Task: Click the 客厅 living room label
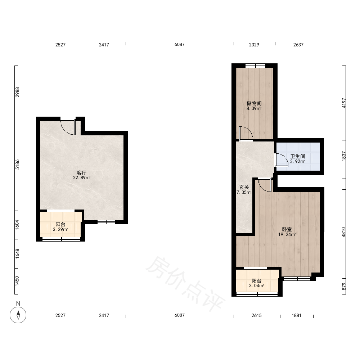pos(81,173)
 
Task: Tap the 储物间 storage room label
pos(254,103)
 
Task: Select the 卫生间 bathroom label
pos(298,156)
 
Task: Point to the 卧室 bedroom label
pos(287,229)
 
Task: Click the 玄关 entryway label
pos(244,187)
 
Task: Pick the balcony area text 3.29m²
pos(60,229)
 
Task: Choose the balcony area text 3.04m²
pos(256,286)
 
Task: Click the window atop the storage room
pos(255,66)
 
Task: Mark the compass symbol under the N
pos(18,315)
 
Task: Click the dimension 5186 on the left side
pos(17,165)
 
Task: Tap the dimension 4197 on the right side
pos(344,103)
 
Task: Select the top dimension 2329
pos(254,45)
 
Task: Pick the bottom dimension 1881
pos(296,315)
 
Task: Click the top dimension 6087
pos(180,45)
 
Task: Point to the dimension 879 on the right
pos(344,286)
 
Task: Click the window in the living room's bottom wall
pos(106,222)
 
